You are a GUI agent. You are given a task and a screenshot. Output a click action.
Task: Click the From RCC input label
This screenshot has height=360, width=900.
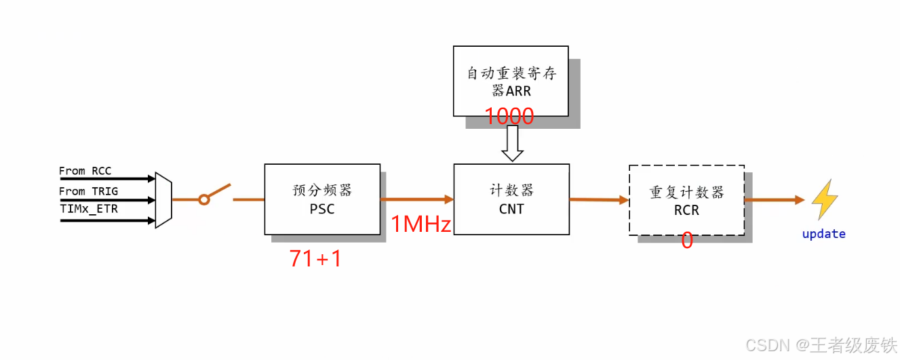(85, 171)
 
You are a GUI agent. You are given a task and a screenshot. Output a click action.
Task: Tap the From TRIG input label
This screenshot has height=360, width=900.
(88, 191)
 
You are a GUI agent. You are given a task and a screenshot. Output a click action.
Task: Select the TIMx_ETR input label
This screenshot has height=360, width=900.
(88, 209)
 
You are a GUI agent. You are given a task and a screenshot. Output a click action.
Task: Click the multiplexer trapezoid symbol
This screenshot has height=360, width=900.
(163, 200)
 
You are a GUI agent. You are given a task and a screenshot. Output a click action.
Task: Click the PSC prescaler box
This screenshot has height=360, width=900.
(322, 199)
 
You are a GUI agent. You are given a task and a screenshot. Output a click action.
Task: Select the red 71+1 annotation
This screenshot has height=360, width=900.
(315, 258)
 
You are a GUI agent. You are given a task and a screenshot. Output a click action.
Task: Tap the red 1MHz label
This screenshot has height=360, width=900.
(421, 224)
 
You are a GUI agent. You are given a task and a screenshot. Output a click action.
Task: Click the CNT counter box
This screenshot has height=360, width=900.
(511, 199)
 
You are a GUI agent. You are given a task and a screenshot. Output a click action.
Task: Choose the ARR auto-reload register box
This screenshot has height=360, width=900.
(511, 81)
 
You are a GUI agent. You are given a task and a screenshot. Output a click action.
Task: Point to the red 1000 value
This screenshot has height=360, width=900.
(509, 117)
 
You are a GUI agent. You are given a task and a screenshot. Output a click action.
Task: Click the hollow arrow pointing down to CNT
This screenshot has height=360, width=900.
(512, 144)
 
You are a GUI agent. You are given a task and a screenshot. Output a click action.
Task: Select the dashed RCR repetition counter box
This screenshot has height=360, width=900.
(686, 200)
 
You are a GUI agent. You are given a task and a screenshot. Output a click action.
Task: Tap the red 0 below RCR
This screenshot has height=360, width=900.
(687, 241)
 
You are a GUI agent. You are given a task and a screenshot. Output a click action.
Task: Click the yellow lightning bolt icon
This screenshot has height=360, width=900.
(825, 199)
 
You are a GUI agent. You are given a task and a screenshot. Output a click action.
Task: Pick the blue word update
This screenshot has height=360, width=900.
(823, 234)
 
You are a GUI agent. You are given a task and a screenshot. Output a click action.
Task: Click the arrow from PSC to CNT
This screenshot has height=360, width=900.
(416, 199)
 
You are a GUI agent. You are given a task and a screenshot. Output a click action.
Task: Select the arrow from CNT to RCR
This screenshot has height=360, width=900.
(599, 199)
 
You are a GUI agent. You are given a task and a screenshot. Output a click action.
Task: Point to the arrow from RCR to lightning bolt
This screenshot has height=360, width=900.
(774, 200)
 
